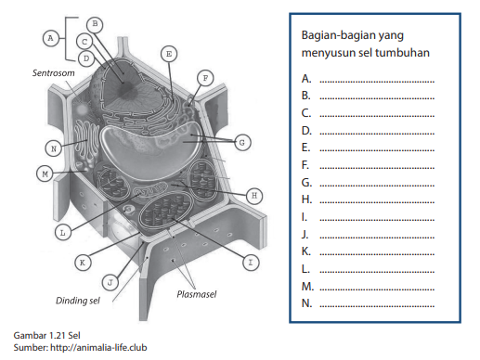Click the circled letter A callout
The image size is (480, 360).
50,38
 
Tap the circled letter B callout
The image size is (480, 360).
95,24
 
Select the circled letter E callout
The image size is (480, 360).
169,54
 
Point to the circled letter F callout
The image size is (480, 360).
205,78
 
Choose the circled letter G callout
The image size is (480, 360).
242,143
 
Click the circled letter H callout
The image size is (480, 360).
254,196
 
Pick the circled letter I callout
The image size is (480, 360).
251,263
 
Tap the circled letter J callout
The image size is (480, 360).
110,282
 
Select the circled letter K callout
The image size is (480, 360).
83,263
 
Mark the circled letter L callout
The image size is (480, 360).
63,233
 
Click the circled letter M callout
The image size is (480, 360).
45,174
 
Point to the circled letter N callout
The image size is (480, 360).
53,148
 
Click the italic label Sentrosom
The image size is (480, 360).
54,73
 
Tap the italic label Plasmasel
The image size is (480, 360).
197,294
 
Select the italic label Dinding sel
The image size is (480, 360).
78,301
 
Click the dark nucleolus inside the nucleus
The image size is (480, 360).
125,89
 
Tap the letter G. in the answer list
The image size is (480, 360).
306,183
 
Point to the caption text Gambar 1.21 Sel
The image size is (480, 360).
46,335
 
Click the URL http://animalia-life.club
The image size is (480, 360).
98,348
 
